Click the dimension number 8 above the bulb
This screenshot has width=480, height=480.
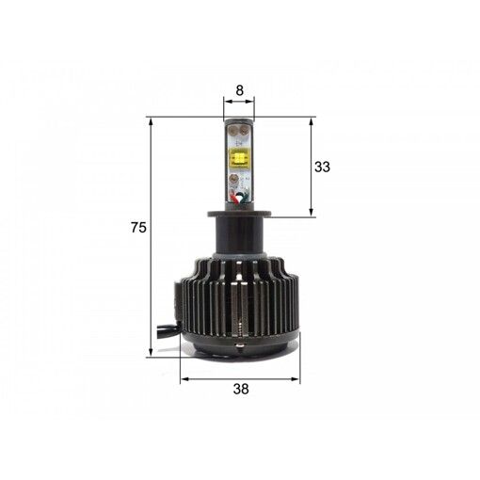(x=239, y=91)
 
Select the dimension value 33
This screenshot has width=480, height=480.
(x=322, y=167)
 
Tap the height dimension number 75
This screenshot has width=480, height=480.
(x=137, y=227)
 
